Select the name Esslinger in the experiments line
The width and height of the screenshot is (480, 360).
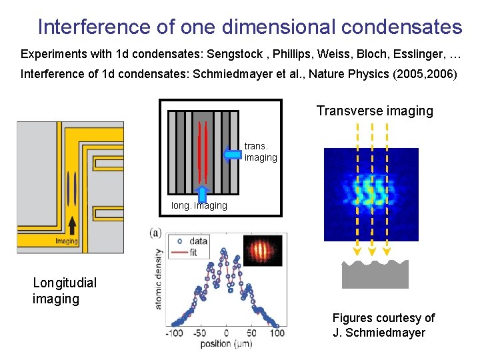(x=409, y=53)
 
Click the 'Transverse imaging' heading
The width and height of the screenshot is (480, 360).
(x=375, y=111)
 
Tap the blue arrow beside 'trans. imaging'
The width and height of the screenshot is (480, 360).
(x=231, y=155)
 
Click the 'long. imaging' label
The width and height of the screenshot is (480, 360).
(x=199, y=206)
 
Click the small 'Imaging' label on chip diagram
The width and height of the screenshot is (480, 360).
(x=66, y=241)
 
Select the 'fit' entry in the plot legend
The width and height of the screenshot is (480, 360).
(x=193, y=252)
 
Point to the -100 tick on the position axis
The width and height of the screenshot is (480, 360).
(x=175, y=333)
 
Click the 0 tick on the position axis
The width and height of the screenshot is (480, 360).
(x=226, y=333)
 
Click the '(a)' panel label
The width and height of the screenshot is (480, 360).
(x=155, y=233)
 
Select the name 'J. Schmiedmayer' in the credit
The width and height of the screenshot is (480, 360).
(x=379, y=333)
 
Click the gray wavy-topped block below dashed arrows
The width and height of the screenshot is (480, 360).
(x=375, y=275)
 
